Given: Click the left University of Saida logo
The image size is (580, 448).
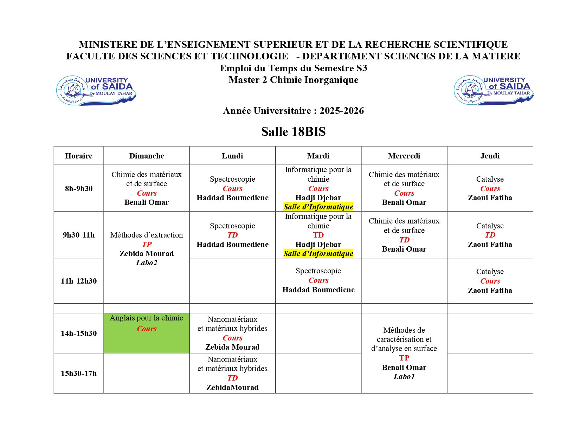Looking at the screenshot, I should pos(96,90).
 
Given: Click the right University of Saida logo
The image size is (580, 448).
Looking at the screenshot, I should pos(494,90).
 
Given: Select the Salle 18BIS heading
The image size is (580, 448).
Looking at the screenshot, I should pos(293,132).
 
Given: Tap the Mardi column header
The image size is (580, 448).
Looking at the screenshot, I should pos(318,156).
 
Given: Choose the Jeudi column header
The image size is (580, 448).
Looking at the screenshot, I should pos(490,156).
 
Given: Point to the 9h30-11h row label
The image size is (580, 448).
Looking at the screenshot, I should pos(79,235).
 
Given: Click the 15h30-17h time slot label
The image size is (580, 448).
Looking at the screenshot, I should pos(79,374).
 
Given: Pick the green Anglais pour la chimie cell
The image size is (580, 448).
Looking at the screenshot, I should pos(147,333).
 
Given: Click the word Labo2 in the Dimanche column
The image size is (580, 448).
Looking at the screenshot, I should pos(147,263).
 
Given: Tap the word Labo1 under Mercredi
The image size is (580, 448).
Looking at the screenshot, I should pos(404,377).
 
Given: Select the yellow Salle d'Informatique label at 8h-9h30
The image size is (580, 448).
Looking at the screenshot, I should pos(318,207).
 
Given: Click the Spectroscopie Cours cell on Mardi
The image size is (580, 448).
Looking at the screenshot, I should pos(318,280).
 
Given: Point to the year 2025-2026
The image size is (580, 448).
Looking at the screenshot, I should pos(341,111).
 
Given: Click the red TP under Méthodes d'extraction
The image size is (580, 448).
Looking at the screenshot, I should pos(147,245).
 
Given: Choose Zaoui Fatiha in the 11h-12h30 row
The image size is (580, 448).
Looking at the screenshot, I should pos(490,291).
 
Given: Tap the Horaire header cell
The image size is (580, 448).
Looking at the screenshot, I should pos(79,156).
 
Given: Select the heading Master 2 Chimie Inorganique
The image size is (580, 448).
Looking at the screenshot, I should pos(293,80).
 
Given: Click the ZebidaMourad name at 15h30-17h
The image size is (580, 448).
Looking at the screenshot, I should pos(232,388).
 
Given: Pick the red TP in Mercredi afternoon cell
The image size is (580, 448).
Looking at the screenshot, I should pos(404,358).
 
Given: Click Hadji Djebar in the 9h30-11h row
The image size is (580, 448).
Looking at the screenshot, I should pos(318,245).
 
